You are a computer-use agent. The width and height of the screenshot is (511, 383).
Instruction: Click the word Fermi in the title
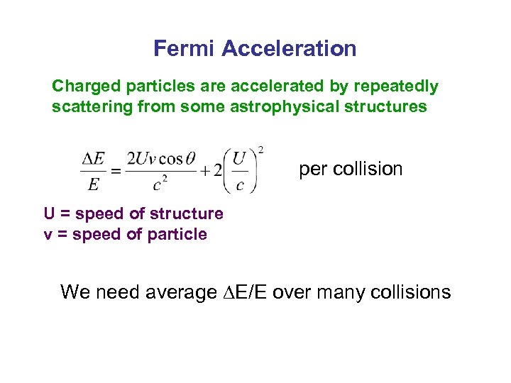185,49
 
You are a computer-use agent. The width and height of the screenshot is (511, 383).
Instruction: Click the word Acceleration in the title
289,49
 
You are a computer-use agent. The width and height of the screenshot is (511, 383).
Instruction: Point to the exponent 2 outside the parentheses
261,149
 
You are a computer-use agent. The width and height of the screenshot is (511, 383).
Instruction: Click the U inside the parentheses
241,158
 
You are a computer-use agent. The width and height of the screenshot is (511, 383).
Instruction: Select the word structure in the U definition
192,213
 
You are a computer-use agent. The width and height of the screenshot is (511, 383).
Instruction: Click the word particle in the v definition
177,234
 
